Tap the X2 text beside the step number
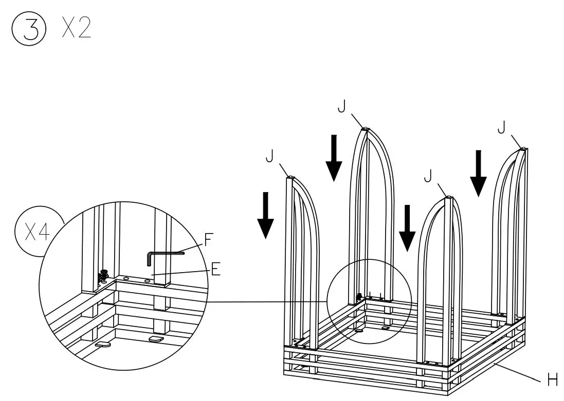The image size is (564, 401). (76, 30)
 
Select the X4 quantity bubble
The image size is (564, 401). (38, 233)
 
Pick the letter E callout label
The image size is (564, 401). (215, 269)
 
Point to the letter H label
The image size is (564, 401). (552, 380)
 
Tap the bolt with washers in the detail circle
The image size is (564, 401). (104, 276)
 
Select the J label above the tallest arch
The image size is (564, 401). (341, 107)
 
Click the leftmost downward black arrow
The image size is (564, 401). (265, 215)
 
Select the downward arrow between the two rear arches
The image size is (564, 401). (334, 158)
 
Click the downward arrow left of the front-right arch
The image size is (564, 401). (407, 227)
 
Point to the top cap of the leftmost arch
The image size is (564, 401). (291, 178)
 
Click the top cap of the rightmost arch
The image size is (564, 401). (523, 149)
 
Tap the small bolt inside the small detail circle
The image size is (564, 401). (359, 296)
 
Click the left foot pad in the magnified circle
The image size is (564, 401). (103, 345)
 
